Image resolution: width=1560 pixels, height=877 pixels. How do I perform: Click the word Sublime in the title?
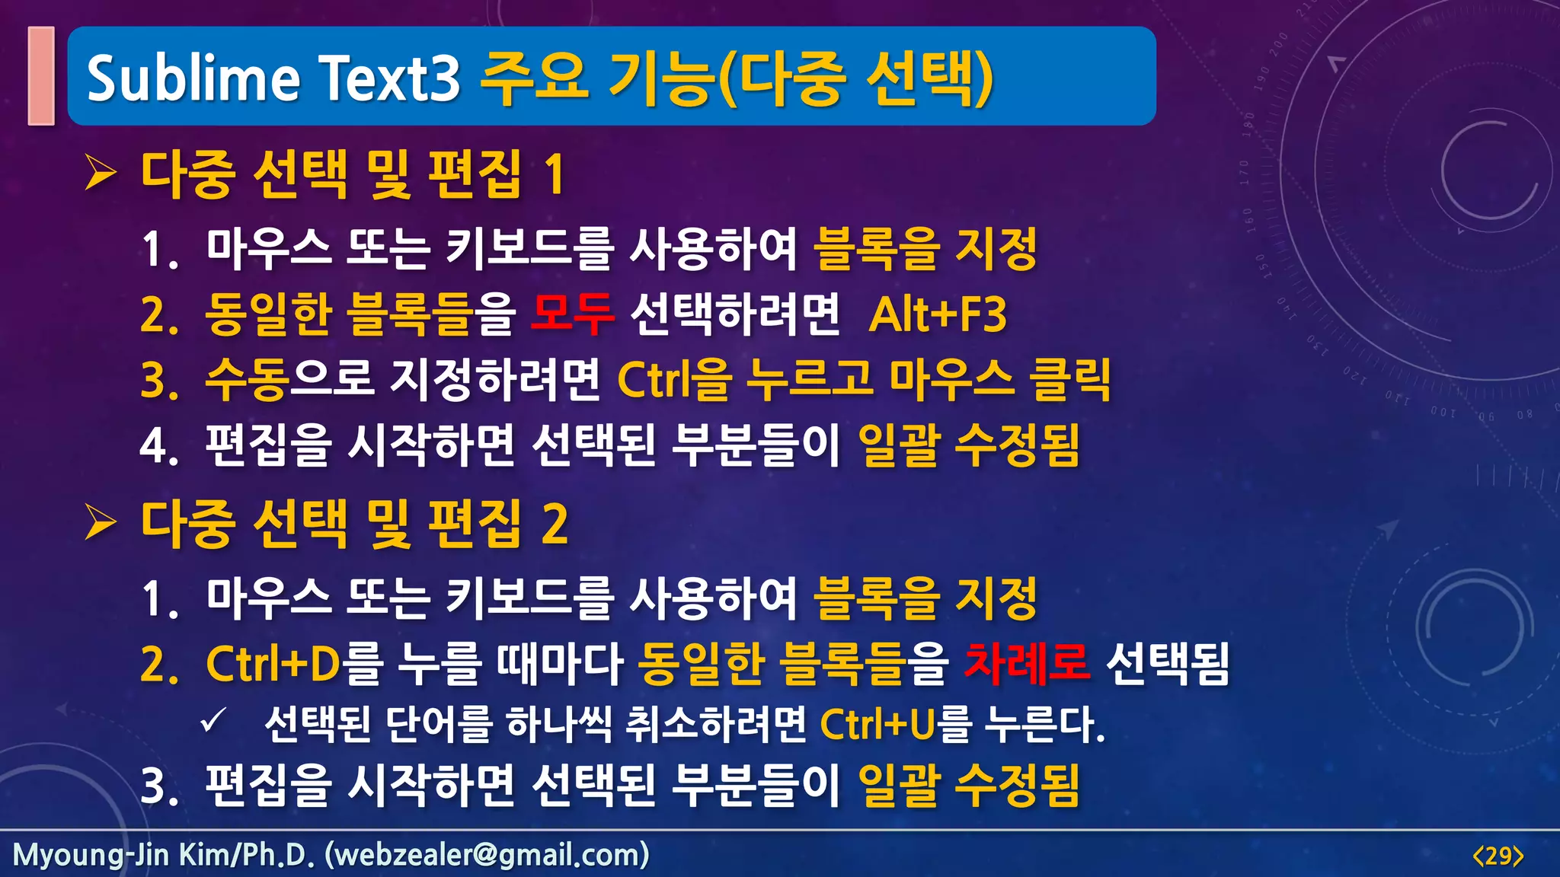193,78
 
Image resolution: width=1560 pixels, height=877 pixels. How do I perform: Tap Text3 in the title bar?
389,78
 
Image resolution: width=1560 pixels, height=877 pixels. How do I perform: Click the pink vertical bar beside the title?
41,75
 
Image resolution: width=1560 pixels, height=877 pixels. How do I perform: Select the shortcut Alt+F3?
938,314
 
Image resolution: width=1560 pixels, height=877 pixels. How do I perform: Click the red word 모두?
572,314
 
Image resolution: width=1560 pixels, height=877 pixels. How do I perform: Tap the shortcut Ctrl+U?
877,724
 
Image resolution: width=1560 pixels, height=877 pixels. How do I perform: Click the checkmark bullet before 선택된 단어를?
213,720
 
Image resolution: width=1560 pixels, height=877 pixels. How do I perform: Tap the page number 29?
1498,856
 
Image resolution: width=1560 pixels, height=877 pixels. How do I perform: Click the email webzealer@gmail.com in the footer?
487,855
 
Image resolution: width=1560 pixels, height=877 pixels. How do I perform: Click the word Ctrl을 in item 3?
674,379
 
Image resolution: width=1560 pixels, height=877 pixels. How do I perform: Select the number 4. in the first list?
159,446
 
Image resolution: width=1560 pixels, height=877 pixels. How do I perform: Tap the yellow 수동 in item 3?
246,379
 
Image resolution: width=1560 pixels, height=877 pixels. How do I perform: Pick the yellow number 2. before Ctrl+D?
159,665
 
